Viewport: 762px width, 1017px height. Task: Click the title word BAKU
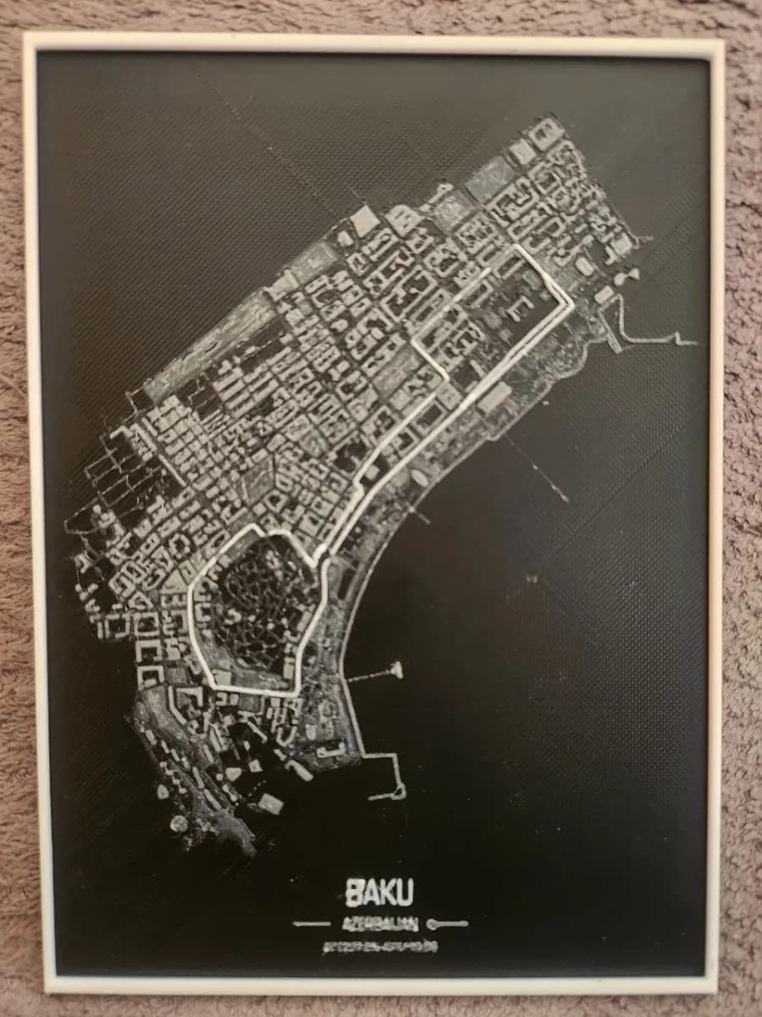pyautogui.click(x=379, y=892)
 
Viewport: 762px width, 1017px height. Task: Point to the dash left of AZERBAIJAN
pyautogui.click(x=311, y=923)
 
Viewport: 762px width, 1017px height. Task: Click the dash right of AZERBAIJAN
pyautogui.click(x=448, y=923)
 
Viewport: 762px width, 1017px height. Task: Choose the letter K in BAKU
pyautogui.click(x=387, y=892)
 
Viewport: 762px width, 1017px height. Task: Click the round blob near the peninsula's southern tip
pyautogui.click(x=179, y=823)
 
